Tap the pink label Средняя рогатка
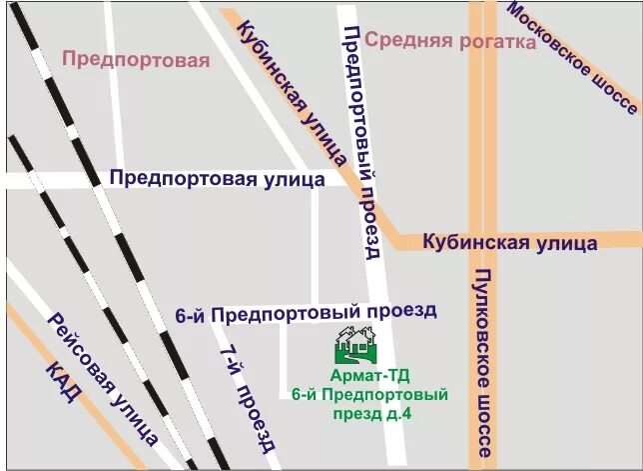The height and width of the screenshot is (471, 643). point(450,41)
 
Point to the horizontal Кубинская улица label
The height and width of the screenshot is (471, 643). point(509,243)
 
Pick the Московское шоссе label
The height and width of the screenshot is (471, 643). point(572,57)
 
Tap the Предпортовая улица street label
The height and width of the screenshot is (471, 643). point(217,179)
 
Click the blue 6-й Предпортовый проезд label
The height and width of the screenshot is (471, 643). point(306,312)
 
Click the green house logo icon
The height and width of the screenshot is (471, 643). point(356,345)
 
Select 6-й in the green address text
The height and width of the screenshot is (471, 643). point(305,394)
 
